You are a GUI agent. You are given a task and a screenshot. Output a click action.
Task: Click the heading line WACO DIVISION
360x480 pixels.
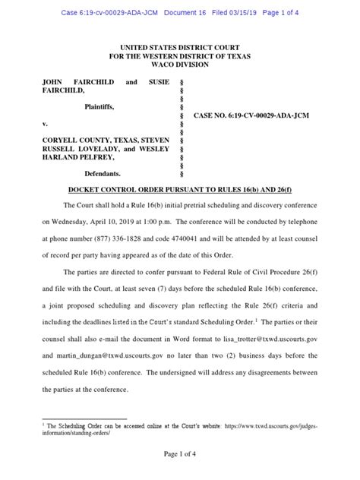pyautogui.click(x=180, y=65)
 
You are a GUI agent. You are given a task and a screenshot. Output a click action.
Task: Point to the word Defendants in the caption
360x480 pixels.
pyautogui.click(x=107, y=173)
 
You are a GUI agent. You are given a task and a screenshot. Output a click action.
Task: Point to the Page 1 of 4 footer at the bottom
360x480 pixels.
pyautogui.click(x=180, y=453)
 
